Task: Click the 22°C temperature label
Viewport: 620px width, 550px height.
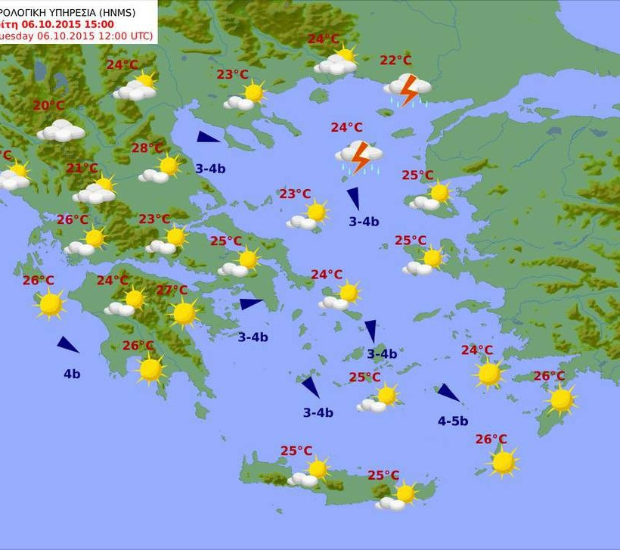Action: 395,61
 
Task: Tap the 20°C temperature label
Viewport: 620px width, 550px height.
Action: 48,106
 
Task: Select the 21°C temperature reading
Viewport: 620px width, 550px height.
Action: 82,168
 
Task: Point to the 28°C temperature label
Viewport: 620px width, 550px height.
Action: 147,148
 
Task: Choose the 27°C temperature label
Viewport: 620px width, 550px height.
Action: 172,291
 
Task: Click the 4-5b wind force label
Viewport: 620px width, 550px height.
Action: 453,421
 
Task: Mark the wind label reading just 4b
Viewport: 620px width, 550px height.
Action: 72,374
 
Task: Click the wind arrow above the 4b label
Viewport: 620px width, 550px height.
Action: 68,345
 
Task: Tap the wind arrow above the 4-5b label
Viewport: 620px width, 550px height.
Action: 448,393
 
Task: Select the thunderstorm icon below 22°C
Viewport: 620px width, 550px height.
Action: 408,89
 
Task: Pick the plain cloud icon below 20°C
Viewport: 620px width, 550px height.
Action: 61,131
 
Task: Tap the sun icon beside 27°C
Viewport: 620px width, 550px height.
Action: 184,312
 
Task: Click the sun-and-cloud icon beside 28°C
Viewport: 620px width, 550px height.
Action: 161,169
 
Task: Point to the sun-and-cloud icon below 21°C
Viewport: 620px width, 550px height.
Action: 97,190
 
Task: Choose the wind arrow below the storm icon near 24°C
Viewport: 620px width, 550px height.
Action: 353,199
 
